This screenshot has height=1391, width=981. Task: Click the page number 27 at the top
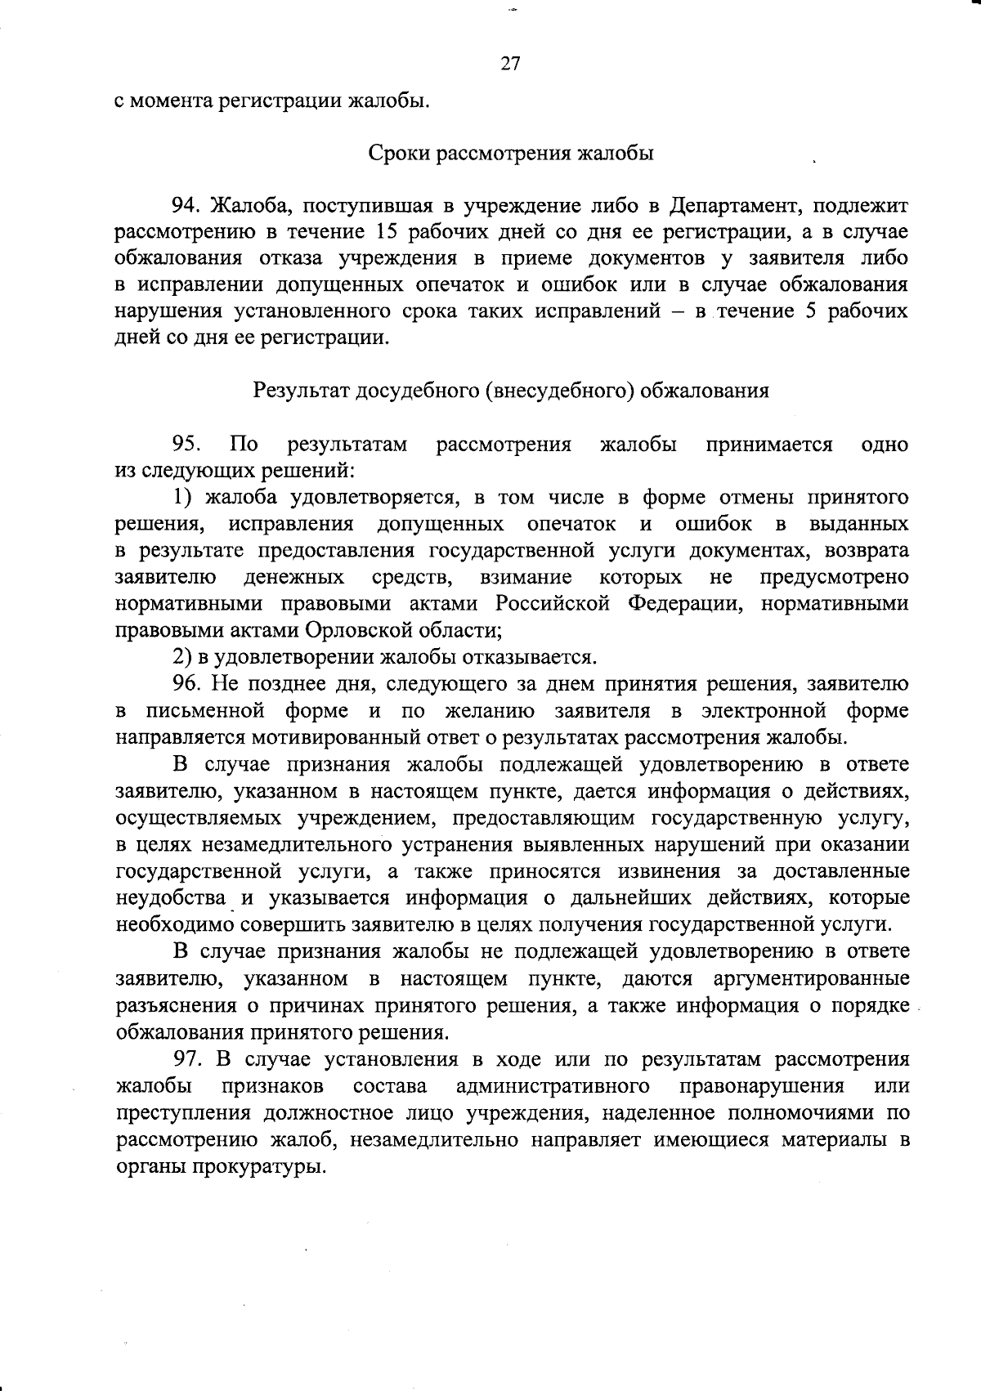point(510,64)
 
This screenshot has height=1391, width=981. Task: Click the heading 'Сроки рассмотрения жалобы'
point(511,153)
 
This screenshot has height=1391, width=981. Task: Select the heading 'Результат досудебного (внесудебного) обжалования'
point(511,390)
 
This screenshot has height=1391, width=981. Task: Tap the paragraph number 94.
point(186,205)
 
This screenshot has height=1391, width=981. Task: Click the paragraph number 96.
point(186,684)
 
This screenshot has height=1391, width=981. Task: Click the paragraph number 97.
point(186,1059)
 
